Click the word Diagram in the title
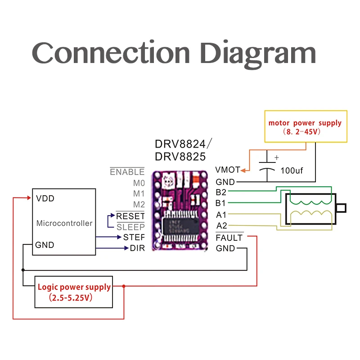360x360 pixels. click(x=258, y=54)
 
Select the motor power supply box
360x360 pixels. click(x=306, y=126)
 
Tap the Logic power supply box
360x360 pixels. click(x=74, y=292)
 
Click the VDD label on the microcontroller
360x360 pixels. click(x=45, y=198)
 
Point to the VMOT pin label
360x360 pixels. click(x=228, y=170)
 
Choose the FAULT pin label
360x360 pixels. click(x=229, y=238)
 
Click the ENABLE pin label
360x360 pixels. click(x=127, y=172)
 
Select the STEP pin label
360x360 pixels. click(x=134, y=237)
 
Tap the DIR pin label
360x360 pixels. click(x=137, y=248)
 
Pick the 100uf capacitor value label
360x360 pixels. click(x=292, y=171)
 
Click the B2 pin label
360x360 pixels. click(x=221, y=192)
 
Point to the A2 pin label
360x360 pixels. click(x=221, y=226)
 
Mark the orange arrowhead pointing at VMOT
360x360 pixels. click(x=243, y=171)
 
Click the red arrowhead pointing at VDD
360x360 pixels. click(x=29, y=198)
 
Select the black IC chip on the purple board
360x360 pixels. click(x=181, y=226)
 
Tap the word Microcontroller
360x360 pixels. click(x=64, y=223)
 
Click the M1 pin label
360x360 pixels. click(x=139, y=194)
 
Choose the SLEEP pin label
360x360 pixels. click(x=130, y=227)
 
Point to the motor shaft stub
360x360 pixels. click(x=342, y=208)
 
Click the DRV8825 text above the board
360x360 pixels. click(x=180, y=157)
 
